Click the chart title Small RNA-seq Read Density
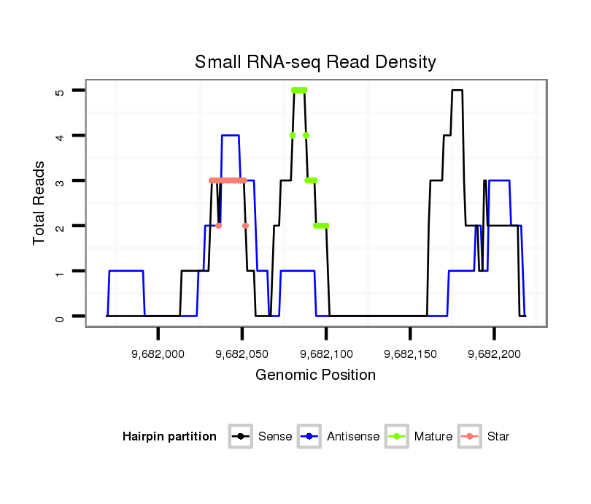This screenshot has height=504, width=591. (x=315, y=62)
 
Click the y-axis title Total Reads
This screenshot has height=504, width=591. (x=39, y=203)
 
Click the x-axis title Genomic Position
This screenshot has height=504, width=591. (x=315, y=375)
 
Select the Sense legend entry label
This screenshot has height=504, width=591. (x=275, y=437)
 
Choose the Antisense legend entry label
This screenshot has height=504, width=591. (x=353, y=437)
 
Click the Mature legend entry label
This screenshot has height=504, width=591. (x=433, y=437)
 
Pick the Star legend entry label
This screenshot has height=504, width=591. (x=498, y=437)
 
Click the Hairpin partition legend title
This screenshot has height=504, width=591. (x=169, y=437)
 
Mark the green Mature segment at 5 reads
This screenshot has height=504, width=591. (x=299, y=90)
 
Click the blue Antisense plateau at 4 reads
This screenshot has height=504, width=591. (x=231, y=135)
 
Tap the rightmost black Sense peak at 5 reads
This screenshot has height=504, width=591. (x=457, y=90)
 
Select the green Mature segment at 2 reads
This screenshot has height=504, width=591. (x=321, y=226)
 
